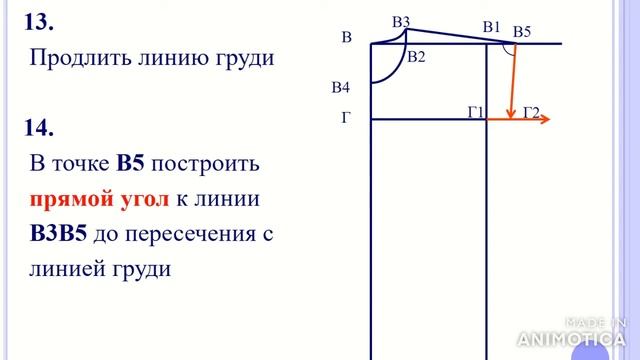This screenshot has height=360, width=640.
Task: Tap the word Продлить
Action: [76, 58]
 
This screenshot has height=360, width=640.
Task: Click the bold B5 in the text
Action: [133, 164]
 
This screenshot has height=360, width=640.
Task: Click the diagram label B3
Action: [401, 21]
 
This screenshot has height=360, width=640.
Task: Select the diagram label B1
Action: [491, 27]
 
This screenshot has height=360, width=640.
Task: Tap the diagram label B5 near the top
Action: [522, 32]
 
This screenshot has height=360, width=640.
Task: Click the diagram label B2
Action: [416, 57]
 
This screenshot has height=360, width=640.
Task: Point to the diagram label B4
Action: [340, 88]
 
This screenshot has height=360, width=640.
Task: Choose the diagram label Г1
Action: [476, 112]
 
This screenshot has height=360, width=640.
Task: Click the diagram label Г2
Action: [531, 112]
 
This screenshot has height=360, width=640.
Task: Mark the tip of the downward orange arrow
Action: [511, 116]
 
